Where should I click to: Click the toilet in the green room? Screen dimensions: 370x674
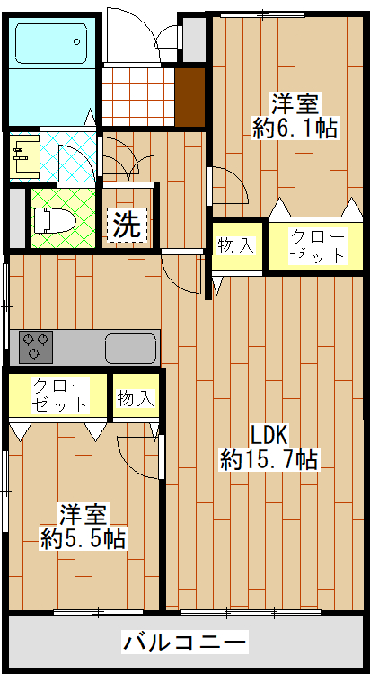coord(55,221)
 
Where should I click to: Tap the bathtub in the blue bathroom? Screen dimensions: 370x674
coord(51,43)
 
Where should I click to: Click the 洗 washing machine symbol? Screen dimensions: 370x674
coord(127,224)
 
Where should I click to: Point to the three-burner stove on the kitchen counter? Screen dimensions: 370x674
coord(35,347)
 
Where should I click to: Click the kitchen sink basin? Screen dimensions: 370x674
coord(130,348)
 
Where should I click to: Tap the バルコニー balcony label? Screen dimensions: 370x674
coord(185,643)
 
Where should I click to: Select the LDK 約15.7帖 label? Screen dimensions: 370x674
coord(269,448)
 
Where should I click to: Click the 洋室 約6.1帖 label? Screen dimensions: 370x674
coord(295,116)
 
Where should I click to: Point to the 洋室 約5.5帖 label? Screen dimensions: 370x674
coord(83,527)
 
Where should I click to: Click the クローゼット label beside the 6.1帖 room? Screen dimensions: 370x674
coord(317,246)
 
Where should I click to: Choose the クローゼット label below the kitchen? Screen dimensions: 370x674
coord(60,395)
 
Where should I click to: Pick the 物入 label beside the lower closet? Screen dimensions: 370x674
coord(136,398)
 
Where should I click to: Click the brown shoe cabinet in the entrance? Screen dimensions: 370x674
coord(189,97)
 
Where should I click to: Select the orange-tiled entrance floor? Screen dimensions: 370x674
coord(138,97)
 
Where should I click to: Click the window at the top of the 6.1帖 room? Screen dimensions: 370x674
coord(263,14)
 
